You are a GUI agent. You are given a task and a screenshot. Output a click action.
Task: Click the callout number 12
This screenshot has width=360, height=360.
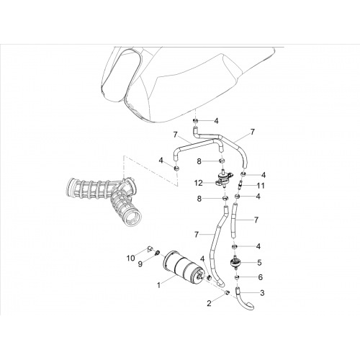tap(199, 184)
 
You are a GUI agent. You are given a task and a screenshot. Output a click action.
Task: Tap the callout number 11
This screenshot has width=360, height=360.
tap(260, 186)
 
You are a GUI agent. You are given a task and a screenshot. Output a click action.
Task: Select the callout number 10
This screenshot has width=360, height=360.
tap(131, 258)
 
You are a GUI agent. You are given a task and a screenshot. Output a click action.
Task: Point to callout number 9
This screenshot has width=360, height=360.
tap(140, 264)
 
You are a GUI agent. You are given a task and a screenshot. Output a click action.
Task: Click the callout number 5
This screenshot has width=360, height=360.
tap(259, 262)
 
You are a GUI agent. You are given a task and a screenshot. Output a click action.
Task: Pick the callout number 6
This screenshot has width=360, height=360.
tap(261, 277)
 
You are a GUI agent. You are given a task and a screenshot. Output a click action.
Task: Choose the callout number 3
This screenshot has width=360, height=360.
tap(262, 293)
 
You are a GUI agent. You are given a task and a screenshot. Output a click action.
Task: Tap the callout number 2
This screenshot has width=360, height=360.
tap(209, 303)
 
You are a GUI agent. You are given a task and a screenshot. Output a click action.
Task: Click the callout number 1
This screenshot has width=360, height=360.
tap(158, 285)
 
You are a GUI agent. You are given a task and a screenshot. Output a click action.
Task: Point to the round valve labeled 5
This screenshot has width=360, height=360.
tap(235, 264)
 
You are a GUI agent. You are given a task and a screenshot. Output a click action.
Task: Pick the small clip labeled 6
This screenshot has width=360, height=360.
tap(237, 277)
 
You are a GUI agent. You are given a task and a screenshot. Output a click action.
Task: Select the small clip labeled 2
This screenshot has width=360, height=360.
tap(227, 292)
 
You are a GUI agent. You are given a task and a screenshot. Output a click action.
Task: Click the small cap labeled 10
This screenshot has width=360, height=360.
tap(149, 248)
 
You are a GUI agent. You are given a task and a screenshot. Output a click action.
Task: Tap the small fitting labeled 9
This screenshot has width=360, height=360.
tap(157, 253)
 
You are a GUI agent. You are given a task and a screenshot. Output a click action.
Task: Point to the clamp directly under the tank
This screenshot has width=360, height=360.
tap(196, 120)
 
